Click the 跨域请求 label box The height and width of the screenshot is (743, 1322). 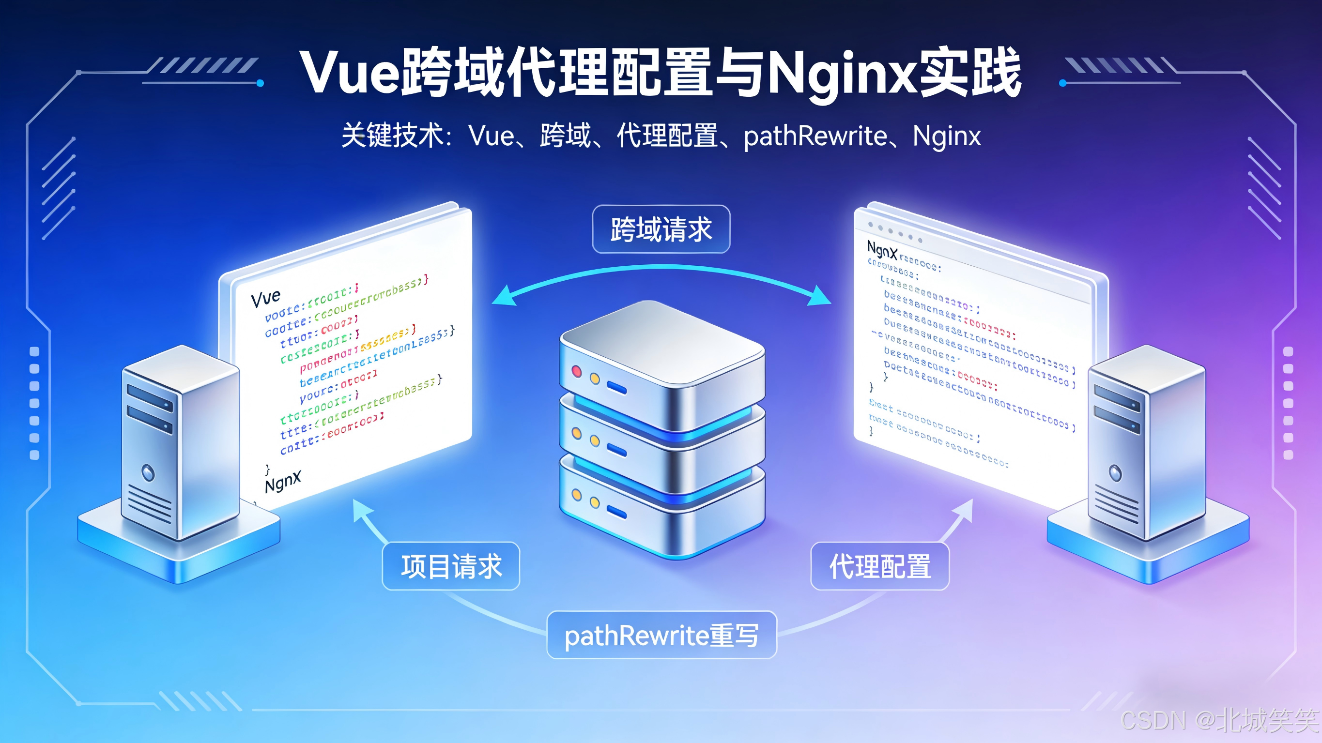pyautogui.click(x=661, y=229)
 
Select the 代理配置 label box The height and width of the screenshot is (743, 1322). pyautogui.click(x=879, y=566)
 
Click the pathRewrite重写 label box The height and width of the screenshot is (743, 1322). pyautogui.click(x=661, y=635)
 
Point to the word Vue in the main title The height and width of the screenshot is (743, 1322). pyautogui.click(x=349, y=74)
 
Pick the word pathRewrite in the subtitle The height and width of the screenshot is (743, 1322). pyautogui.click(x=815, y=136)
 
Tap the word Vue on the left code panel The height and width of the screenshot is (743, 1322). pyautogui.click(x=265, y=298)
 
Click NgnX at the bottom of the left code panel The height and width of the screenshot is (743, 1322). pyautogui.click(x=283, y=482)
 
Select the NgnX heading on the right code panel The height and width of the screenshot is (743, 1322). pyautogui.click(x=882, y=250)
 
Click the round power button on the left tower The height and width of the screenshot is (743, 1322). pyautogui.click(x=148, y=472)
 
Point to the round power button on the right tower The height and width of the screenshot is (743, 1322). pyautogui.click(x=1115, y=472)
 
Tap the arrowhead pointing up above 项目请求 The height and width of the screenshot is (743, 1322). pyautogui.click(x=362, y=509)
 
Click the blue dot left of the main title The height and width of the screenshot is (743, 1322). pyautogui.click(x=260, y=83)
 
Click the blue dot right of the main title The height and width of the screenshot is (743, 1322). pyautogui.click(x=1063, y=83)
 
